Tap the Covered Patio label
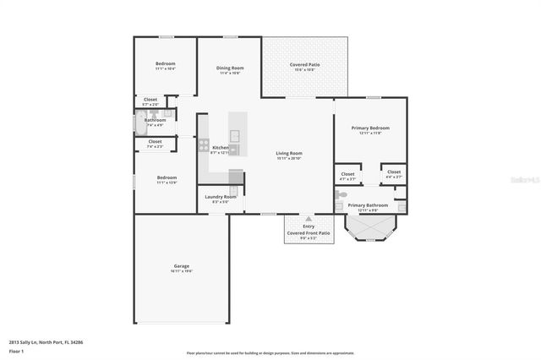click(x=303, y=64)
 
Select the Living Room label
click(x=288, y=153)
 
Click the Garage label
click(x=182, y=265)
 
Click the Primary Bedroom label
click(x=370, y=128)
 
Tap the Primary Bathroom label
click(x=368, y=205)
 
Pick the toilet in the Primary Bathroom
click(x=341, y=195)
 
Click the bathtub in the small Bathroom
click(x=140, y=123)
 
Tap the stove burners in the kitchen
click(x=203, y=145)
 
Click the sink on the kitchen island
click(x=235, y=135)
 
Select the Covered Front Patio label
click(x=308, y=232)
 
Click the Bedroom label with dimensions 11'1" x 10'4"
click(x=165, y=64)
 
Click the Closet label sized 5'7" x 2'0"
click(x=150, y=100)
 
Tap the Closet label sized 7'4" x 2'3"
click(x=155, y=141)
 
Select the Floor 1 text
click(x=16, y=350)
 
